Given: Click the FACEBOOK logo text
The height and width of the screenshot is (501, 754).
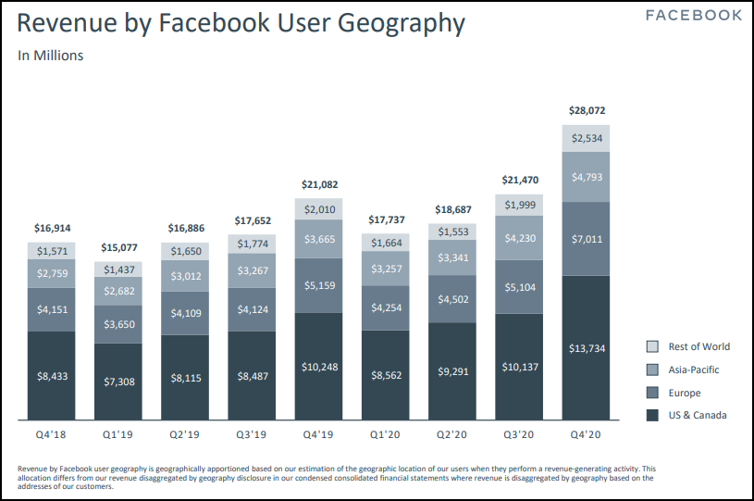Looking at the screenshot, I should pos(693,16).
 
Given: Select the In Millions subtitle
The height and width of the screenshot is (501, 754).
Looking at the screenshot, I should pos(50,56).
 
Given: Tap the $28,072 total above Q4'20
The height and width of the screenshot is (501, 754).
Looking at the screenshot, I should pos(586,110).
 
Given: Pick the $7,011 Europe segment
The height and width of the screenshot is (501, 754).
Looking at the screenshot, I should pos(586,239).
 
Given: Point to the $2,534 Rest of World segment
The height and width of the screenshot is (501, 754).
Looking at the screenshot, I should pos(586,138).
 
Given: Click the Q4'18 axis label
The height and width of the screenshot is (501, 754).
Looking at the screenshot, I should pos(51,432).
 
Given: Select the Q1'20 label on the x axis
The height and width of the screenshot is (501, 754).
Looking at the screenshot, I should pos(385,432).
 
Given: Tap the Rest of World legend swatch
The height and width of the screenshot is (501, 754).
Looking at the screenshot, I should pos(652,346).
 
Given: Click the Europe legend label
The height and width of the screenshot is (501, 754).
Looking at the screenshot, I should pos(686,393).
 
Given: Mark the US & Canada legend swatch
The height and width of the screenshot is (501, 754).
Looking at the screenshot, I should pos(652,415).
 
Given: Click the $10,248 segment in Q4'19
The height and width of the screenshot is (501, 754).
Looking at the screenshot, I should pos(318,367).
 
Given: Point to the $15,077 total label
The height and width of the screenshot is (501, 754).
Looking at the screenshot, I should pos(117,247).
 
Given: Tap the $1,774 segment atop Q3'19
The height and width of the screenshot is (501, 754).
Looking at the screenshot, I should pos(252,244).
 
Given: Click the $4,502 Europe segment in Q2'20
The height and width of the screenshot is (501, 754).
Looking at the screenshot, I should pos(451,298).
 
